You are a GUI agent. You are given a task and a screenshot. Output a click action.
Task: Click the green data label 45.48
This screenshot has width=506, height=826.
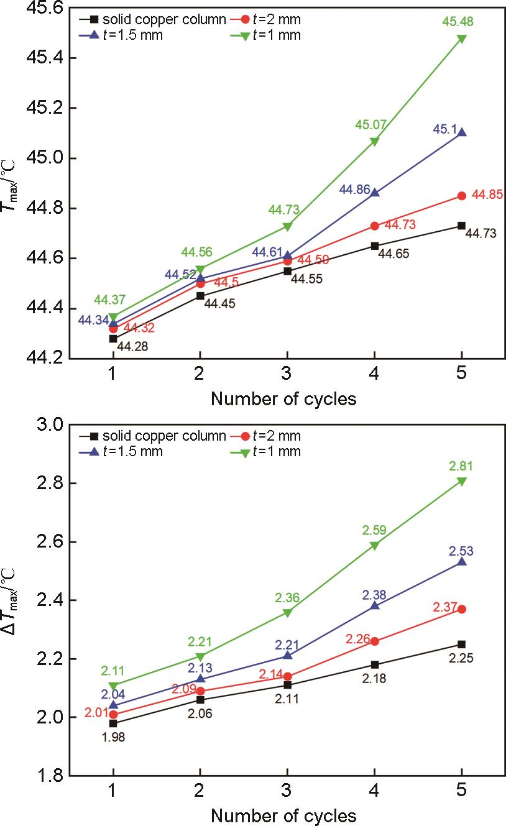coord(461,22)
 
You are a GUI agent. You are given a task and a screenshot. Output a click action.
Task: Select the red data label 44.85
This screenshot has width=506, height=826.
coord(487,195)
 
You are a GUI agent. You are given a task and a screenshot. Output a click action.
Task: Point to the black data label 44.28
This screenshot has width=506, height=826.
coord(131,346)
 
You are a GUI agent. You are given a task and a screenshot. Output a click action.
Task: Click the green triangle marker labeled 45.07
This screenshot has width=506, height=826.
coord(374,142)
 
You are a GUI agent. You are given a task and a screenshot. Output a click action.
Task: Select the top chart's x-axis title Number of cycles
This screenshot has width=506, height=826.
coord(283,399)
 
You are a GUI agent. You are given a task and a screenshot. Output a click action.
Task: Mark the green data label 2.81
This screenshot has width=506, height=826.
coord(461,466)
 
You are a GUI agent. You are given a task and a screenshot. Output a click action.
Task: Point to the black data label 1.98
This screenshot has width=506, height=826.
coord(113,737)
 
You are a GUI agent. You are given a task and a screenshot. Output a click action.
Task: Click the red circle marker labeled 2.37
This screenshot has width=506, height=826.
coord(461,609)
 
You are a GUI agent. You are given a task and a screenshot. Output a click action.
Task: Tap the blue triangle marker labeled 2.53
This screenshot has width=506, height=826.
coord(461,561)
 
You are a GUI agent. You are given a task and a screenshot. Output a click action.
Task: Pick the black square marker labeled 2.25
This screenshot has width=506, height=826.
coord(461,644)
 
